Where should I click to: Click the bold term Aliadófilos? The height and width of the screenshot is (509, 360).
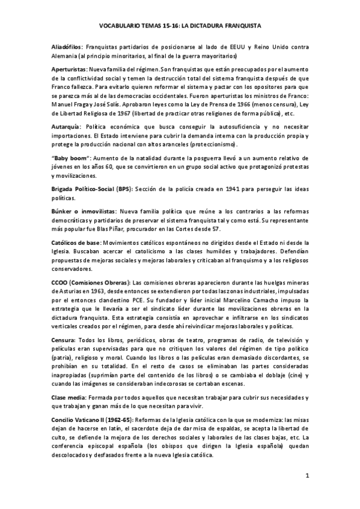pyautogui.click(x=67, y=46)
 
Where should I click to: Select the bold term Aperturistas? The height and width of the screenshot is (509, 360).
pyautogui.click(x=69, y=70)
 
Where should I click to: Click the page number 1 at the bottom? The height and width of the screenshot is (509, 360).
pyautogui.click(x=307, y=476)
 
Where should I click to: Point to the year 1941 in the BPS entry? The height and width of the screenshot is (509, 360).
pyautogui.click(x=218, y=190)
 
